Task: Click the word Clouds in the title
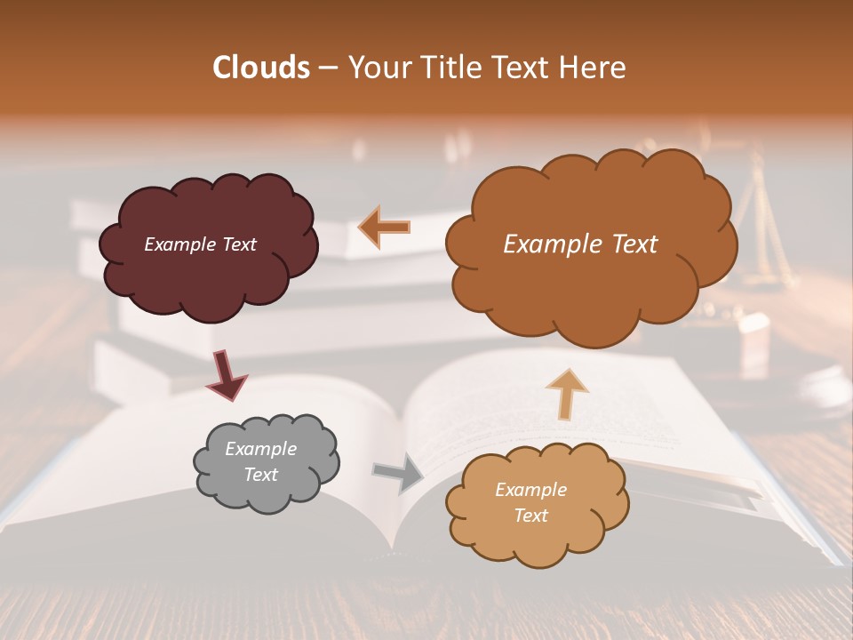[x=260, y=68]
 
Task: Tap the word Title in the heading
[x=445, y=68]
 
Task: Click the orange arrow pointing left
[x=384, y=228]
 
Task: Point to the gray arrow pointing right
[x=398, y=472]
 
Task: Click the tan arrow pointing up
[x=566, y=393]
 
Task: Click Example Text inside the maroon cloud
[x=200, y=244]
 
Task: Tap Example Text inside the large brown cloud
[x=580, y=244]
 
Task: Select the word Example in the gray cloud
[x=260, y=450]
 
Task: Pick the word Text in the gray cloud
[x=260, y=475]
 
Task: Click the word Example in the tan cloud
[x=530, y=490]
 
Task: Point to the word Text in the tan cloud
[x=530, y=516]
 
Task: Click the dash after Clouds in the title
[x=326, y=68]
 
